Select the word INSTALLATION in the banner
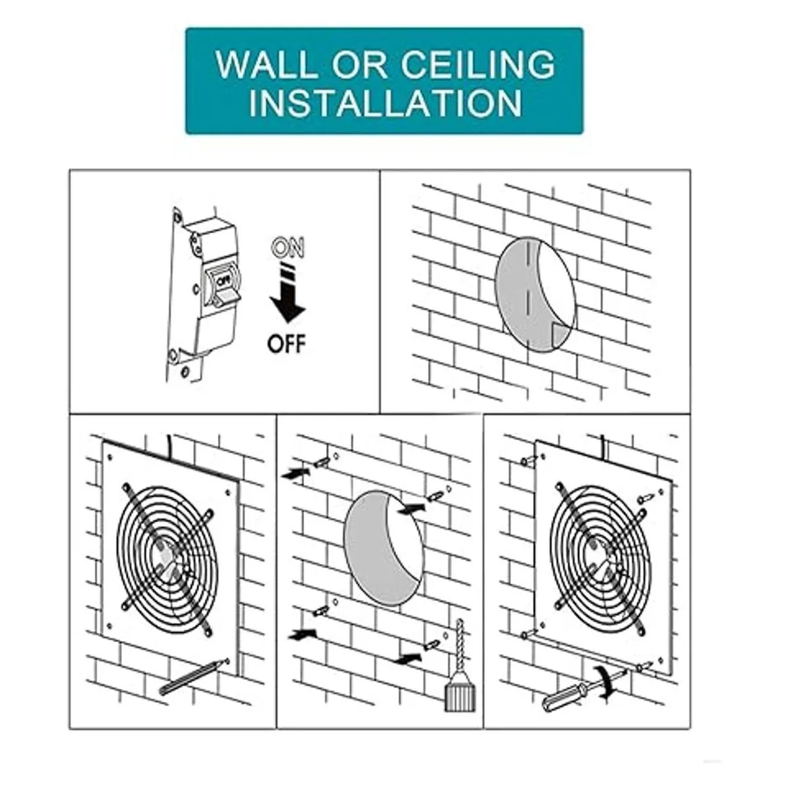pos(385,103)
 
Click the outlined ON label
pos(289,248)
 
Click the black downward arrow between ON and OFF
pos(288,294)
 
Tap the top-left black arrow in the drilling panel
pos(295,473)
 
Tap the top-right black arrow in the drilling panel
pos(412,508)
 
